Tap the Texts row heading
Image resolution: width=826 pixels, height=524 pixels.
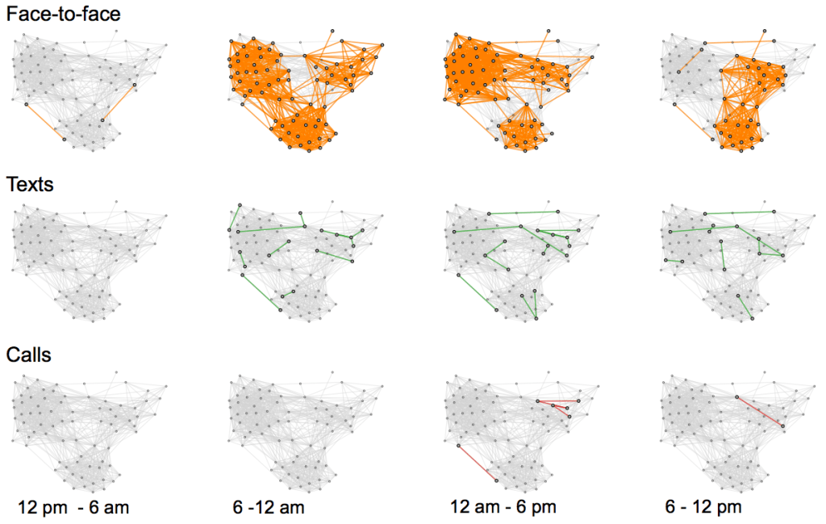pyautogui.click(x=30, y=184)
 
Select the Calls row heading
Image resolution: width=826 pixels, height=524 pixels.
pyautogui.click(x=29, y=354)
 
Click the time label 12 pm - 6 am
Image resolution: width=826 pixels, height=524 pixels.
pyautogui.click(x=73, y=508)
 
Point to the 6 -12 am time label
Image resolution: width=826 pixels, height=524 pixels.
pyautogui.click(x=269, y=508)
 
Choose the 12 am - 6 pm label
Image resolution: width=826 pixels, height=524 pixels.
pyautogui.click(x=503, y=508)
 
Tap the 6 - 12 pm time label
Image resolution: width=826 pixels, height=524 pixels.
pyautogui.click(x=703, y=508)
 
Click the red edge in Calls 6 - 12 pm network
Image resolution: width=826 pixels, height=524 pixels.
pyautogui.click(x=759, y=410)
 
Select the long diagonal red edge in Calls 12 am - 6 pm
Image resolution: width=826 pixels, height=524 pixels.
pyautogui.click(x=477, y=463)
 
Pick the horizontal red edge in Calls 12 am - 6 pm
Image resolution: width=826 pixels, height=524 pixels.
pyautogui.click(x=557, y=400)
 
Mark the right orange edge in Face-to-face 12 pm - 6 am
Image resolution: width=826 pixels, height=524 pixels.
pyautogui.click(x=119, y=102)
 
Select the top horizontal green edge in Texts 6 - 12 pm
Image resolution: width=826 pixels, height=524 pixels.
pyautogui.click(x=739, y=212)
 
